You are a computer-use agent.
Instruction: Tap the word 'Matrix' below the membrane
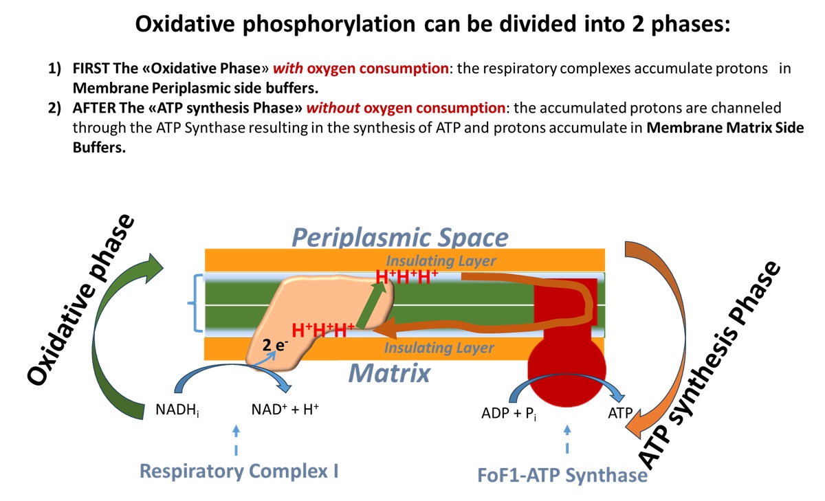tap(388, 373)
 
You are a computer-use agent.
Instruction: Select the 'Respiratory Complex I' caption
tap(239, 471)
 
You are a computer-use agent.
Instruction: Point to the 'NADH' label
tap(177, 412)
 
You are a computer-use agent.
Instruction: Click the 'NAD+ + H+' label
tap(285, 411)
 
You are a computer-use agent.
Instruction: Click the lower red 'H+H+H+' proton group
tap(323, 329)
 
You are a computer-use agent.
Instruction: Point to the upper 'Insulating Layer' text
tap(440, 261)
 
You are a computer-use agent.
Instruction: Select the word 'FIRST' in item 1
tap(91, 71)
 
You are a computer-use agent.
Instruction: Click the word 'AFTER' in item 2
tap(91, 108)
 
